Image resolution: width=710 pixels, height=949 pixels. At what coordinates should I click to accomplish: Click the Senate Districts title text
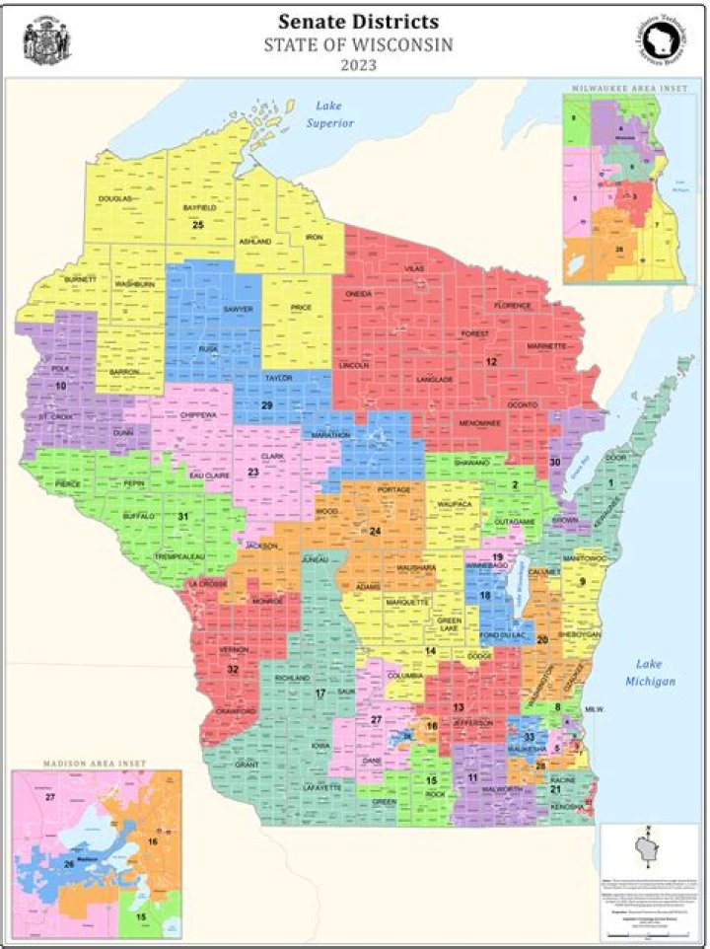(x=358, y=21)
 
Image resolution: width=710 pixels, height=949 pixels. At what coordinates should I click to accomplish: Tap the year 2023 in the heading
(x=357, y=66)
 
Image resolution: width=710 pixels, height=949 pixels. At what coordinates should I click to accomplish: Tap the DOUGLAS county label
(x=114, y=199)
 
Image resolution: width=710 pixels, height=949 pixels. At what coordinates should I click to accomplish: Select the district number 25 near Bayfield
(x=198, y=226)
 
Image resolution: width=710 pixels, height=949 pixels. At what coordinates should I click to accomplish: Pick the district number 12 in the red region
(x=490, y=362)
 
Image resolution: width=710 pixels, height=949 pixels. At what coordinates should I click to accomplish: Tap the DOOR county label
(x=616, y=458)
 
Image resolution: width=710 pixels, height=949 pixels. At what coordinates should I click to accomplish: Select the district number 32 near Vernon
(x=233, y=669)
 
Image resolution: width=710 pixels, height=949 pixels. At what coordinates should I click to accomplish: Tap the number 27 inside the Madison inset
(x=50, y=795)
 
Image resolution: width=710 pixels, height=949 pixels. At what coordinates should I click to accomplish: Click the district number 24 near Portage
(x=375, y=532)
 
